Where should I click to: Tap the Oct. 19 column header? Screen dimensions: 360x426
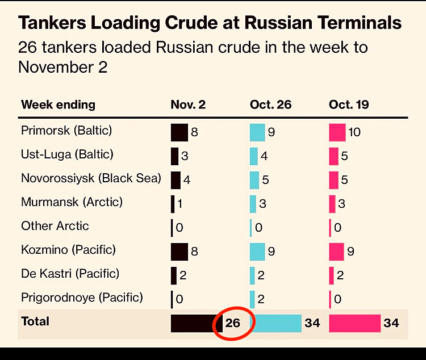pos(349,105)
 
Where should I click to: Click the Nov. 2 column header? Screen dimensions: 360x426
pos(189,105)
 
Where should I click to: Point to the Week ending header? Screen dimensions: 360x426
pos(58,105)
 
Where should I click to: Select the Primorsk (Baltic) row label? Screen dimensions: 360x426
pos(66,131)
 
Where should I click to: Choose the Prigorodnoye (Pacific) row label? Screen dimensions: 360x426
pos(82,297)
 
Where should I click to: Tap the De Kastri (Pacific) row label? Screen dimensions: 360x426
pos(70,274)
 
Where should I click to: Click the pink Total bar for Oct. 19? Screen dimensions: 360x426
pos(354,323)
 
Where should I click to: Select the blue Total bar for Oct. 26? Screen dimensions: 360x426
pos(275,323)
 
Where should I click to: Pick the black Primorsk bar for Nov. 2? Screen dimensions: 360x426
pos(179,132)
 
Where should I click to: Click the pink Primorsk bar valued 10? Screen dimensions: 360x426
pos(337,132)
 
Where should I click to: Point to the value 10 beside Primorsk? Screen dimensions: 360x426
pos(354,132)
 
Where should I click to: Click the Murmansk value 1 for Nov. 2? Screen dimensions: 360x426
pos(180,204)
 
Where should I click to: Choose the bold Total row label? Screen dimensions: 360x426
pos(35,321)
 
